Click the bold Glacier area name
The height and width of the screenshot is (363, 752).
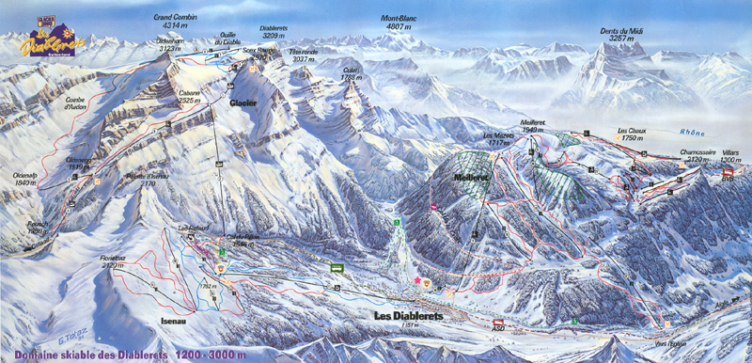click(x=243, y=103)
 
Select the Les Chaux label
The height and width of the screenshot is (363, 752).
click(x=630, y=134)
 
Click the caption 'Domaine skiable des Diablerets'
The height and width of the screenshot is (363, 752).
click(x=110, y=353)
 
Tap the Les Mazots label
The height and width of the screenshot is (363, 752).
click(x=497, y=138)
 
